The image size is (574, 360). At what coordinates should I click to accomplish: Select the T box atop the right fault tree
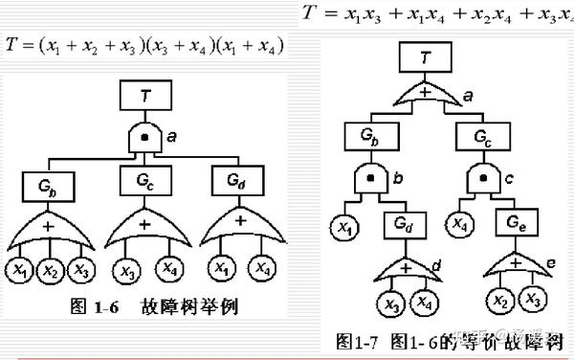pos(426,58)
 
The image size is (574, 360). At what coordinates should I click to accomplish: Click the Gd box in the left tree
pos(233,179)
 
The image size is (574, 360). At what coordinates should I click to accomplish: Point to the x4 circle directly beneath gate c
pos(459,225)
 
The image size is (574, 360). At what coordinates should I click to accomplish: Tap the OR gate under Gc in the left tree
pos(143,226)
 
